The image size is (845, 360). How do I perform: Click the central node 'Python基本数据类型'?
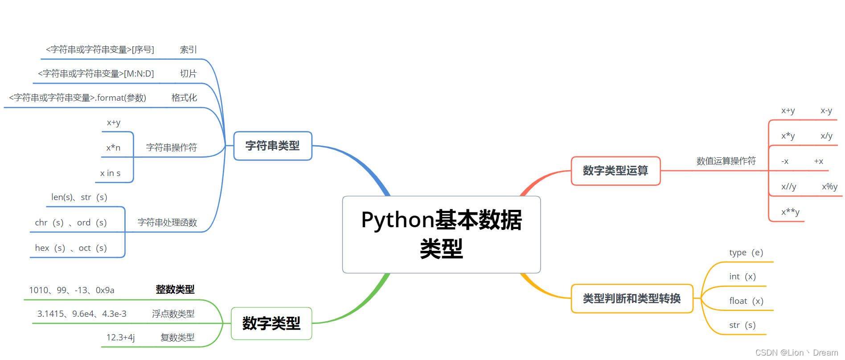441,234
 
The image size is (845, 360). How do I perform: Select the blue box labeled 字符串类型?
273,146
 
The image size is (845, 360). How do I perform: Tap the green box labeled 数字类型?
271,323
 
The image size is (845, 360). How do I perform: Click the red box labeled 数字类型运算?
615,171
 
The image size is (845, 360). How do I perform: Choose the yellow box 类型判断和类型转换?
632,299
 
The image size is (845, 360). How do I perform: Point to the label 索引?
188,49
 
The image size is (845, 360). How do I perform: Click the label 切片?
188,74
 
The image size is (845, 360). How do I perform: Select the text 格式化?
184,98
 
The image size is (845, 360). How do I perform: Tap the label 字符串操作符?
172,147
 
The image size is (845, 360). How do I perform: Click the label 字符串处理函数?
167,222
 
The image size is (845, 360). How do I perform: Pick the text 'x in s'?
110,173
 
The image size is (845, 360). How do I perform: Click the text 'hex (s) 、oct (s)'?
71,248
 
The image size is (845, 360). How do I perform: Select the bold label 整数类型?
175,290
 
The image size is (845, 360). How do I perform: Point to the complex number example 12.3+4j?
120,338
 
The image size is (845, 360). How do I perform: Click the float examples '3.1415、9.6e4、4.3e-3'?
82,314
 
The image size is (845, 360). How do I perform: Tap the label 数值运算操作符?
726,161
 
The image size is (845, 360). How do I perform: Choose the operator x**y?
790,212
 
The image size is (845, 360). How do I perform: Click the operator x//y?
788,187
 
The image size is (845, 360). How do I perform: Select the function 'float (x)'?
746,301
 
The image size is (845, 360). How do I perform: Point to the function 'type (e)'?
746,253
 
